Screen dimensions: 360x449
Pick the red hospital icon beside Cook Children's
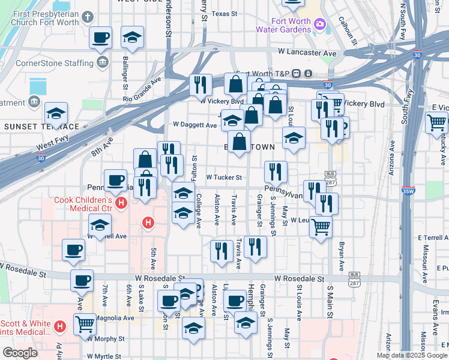pos(122,204)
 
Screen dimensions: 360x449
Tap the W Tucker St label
pos(224,178)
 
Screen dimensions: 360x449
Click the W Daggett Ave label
pos(194,125)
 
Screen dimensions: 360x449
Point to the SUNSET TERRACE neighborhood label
pos(42,127)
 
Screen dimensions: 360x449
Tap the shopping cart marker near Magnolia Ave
pos(85,324)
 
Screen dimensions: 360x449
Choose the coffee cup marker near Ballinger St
pos(100,37)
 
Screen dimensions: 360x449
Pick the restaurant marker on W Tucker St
pos(276,171)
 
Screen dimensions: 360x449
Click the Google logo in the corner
pos(20,353)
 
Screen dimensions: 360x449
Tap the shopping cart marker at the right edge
pos(436,122)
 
